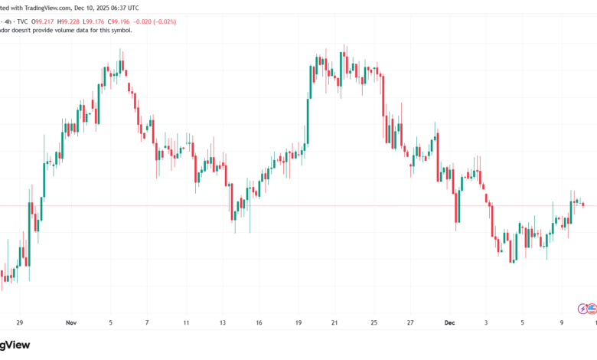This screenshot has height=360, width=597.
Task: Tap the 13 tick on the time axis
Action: (x=223, y=323)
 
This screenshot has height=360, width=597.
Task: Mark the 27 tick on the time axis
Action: (x=410, y=323)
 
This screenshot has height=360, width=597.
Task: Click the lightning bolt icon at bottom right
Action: (x=582, y=308)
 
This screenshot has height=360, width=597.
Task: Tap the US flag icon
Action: (x=592, y=308)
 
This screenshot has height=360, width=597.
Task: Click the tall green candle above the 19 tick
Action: (x=309, y=103)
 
